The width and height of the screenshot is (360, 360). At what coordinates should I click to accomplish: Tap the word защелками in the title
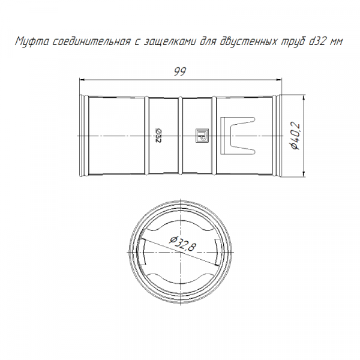[x=170, y=42]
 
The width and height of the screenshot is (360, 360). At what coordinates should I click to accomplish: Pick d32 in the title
[x=318, y=41]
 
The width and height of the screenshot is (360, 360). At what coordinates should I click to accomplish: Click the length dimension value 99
[x=180, y=72]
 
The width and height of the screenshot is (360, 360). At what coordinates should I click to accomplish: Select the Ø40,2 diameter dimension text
[x=295, y=136]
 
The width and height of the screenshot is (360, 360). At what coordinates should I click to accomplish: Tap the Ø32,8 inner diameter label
[x=183, y=244]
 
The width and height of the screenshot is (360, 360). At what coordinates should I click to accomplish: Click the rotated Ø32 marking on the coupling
[x=159, y=136]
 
